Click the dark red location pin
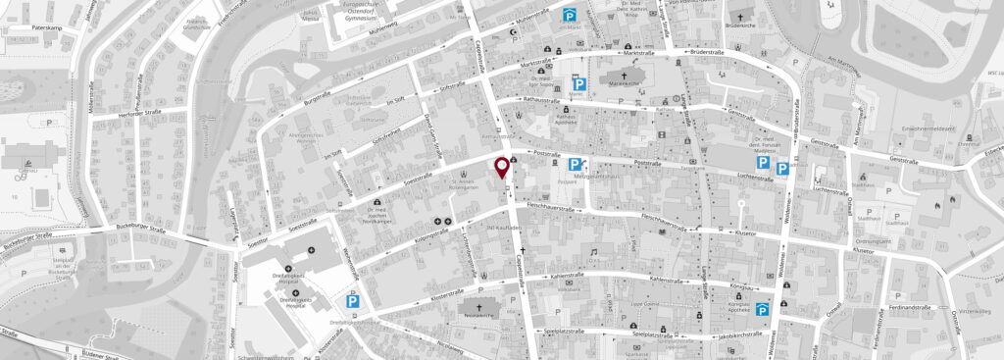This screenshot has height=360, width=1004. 504,168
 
